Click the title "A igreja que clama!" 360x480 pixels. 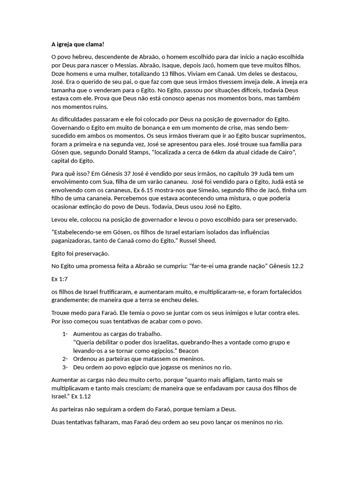[x=77, y=45]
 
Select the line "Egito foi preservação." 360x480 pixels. [x=80, y=254]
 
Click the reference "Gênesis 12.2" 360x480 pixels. [x=286, y=266]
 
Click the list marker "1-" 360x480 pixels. [x=65, y=334]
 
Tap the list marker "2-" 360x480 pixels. [x=65, y=359]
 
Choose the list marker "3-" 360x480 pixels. [x=65, y=367]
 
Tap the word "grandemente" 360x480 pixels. [x=71, y=300]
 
